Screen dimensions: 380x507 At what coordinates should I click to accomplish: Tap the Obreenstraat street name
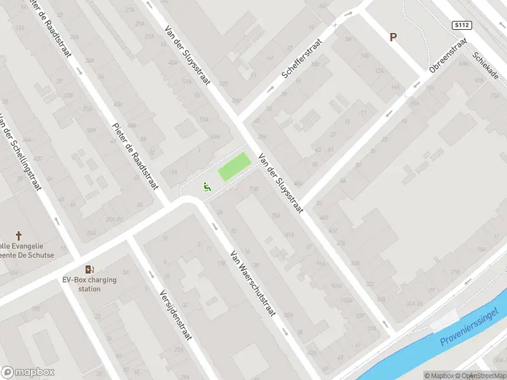[x=447, y=55]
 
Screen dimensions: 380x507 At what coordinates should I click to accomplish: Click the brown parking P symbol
[x=393, y=37]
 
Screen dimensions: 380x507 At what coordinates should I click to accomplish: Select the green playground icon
[x=206, y=187]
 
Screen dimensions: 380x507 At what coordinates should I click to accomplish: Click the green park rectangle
[x=234, y=167]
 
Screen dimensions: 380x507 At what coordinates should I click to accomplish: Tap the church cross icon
[x=18, y=235]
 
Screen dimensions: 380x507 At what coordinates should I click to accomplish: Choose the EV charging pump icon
[x=89, y=270]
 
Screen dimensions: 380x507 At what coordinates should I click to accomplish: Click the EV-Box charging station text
[x=89, y=284]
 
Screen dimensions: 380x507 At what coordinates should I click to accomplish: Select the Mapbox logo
[x=28, y=372]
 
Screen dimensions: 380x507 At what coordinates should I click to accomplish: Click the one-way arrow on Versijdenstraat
[x=151, y=274]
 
